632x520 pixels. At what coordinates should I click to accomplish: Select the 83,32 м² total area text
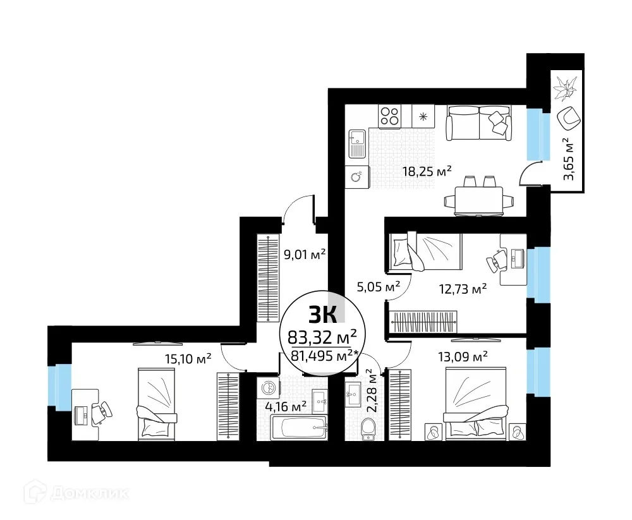(322, 334)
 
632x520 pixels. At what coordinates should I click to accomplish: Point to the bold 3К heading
(322, 313)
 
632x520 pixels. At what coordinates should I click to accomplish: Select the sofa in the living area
(478, 123)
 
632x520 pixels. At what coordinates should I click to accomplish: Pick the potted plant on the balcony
(564, 88)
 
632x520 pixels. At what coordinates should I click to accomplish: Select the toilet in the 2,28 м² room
(367, 430)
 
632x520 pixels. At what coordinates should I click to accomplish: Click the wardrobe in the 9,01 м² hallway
(268, 278)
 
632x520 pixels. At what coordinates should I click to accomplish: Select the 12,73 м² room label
(463, 289)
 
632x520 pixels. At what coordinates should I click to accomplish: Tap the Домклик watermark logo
(70, 492)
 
